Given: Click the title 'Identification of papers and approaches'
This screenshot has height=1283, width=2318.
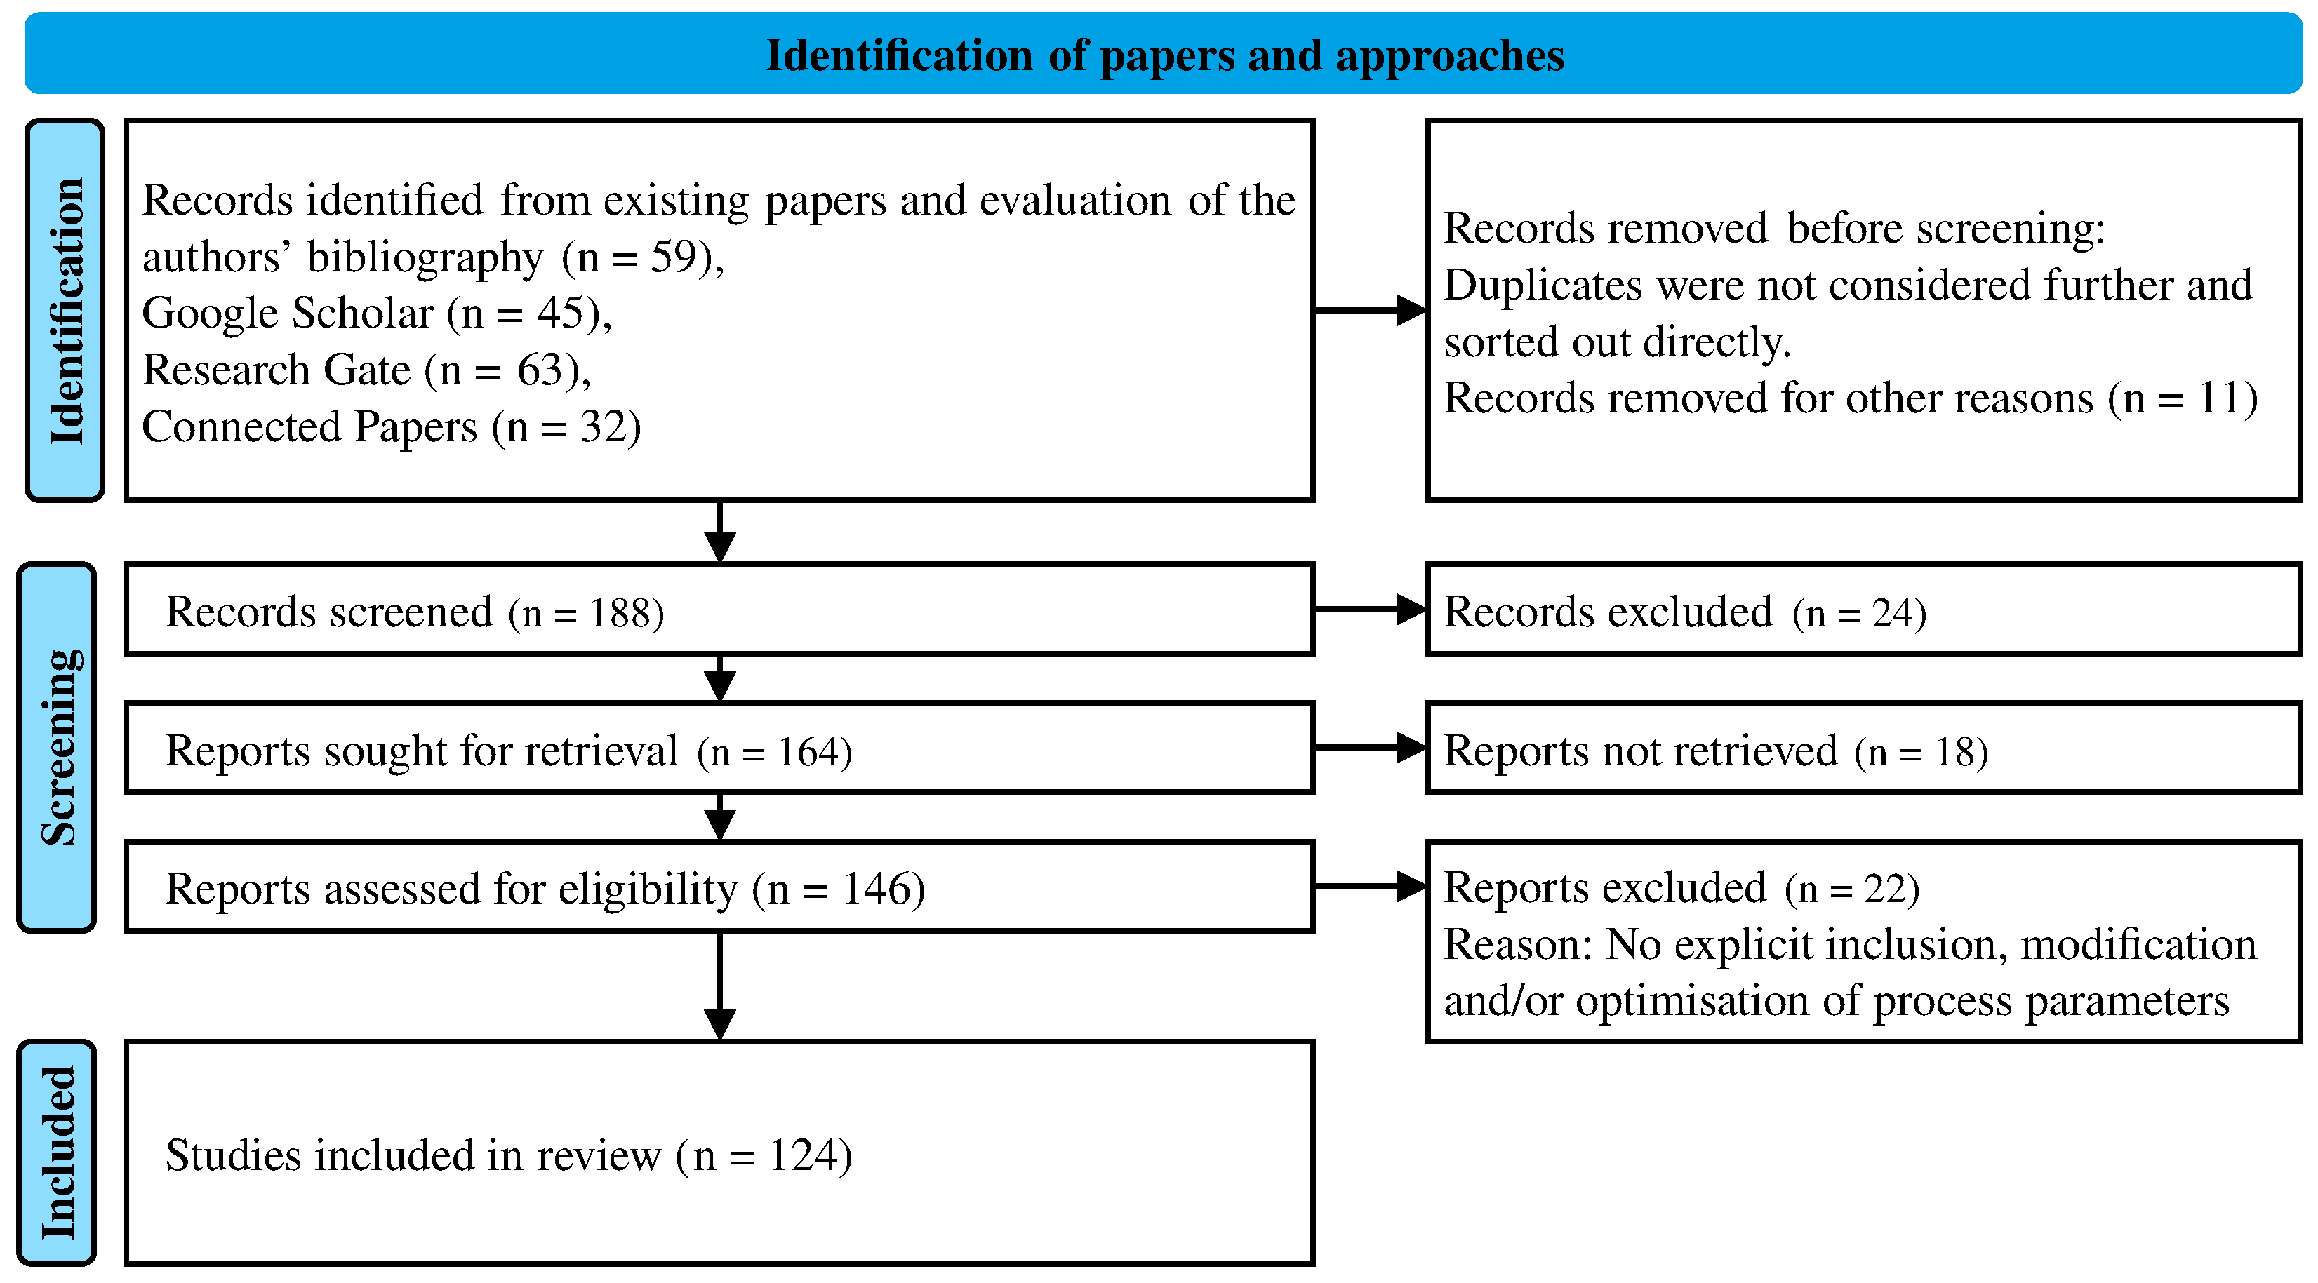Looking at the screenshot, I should coord(1164,56).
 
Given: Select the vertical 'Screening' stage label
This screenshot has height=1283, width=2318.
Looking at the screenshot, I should coord(58,747).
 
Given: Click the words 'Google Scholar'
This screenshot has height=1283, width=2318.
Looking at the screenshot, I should coord(288,314).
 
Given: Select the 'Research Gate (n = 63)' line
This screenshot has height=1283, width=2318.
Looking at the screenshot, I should coord(366,370).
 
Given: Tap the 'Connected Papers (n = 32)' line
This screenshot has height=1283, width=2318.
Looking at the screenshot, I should coord(392,427).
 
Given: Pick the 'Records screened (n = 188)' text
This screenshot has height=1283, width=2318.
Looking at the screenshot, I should coord(414,612).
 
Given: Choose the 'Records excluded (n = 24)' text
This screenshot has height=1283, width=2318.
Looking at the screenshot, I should coord(1684,612).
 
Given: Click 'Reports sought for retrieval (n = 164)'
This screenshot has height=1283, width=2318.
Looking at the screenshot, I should coord(508,751).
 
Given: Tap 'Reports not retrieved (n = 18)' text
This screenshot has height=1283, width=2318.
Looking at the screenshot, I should coord(1715,751).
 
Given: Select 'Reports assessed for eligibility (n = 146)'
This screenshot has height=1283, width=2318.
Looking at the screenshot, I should coord(545,889).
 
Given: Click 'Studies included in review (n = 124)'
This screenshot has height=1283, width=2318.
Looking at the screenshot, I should coord(508,1156).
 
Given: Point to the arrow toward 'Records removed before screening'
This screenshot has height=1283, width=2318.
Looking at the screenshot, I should coord(1370,310).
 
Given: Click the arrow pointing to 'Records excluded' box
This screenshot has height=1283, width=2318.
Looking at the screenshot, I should coord(1370,609).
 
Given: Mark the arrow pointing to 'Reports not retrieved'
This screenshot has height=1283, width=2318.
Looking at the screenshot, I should coord(1370,748).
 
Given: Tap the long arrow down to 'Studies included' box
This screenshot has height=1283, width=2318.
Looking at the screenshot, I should coord(720,985).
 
